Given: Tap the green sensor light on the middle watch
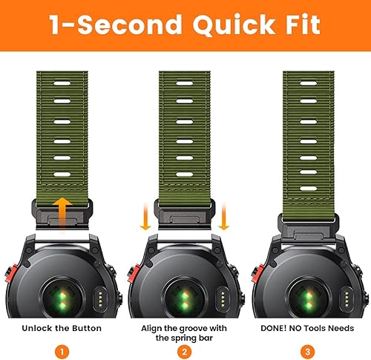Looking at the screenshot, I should tap(185, 281).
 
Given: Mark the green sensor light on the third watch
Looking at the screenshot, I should tap(306, 281).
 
